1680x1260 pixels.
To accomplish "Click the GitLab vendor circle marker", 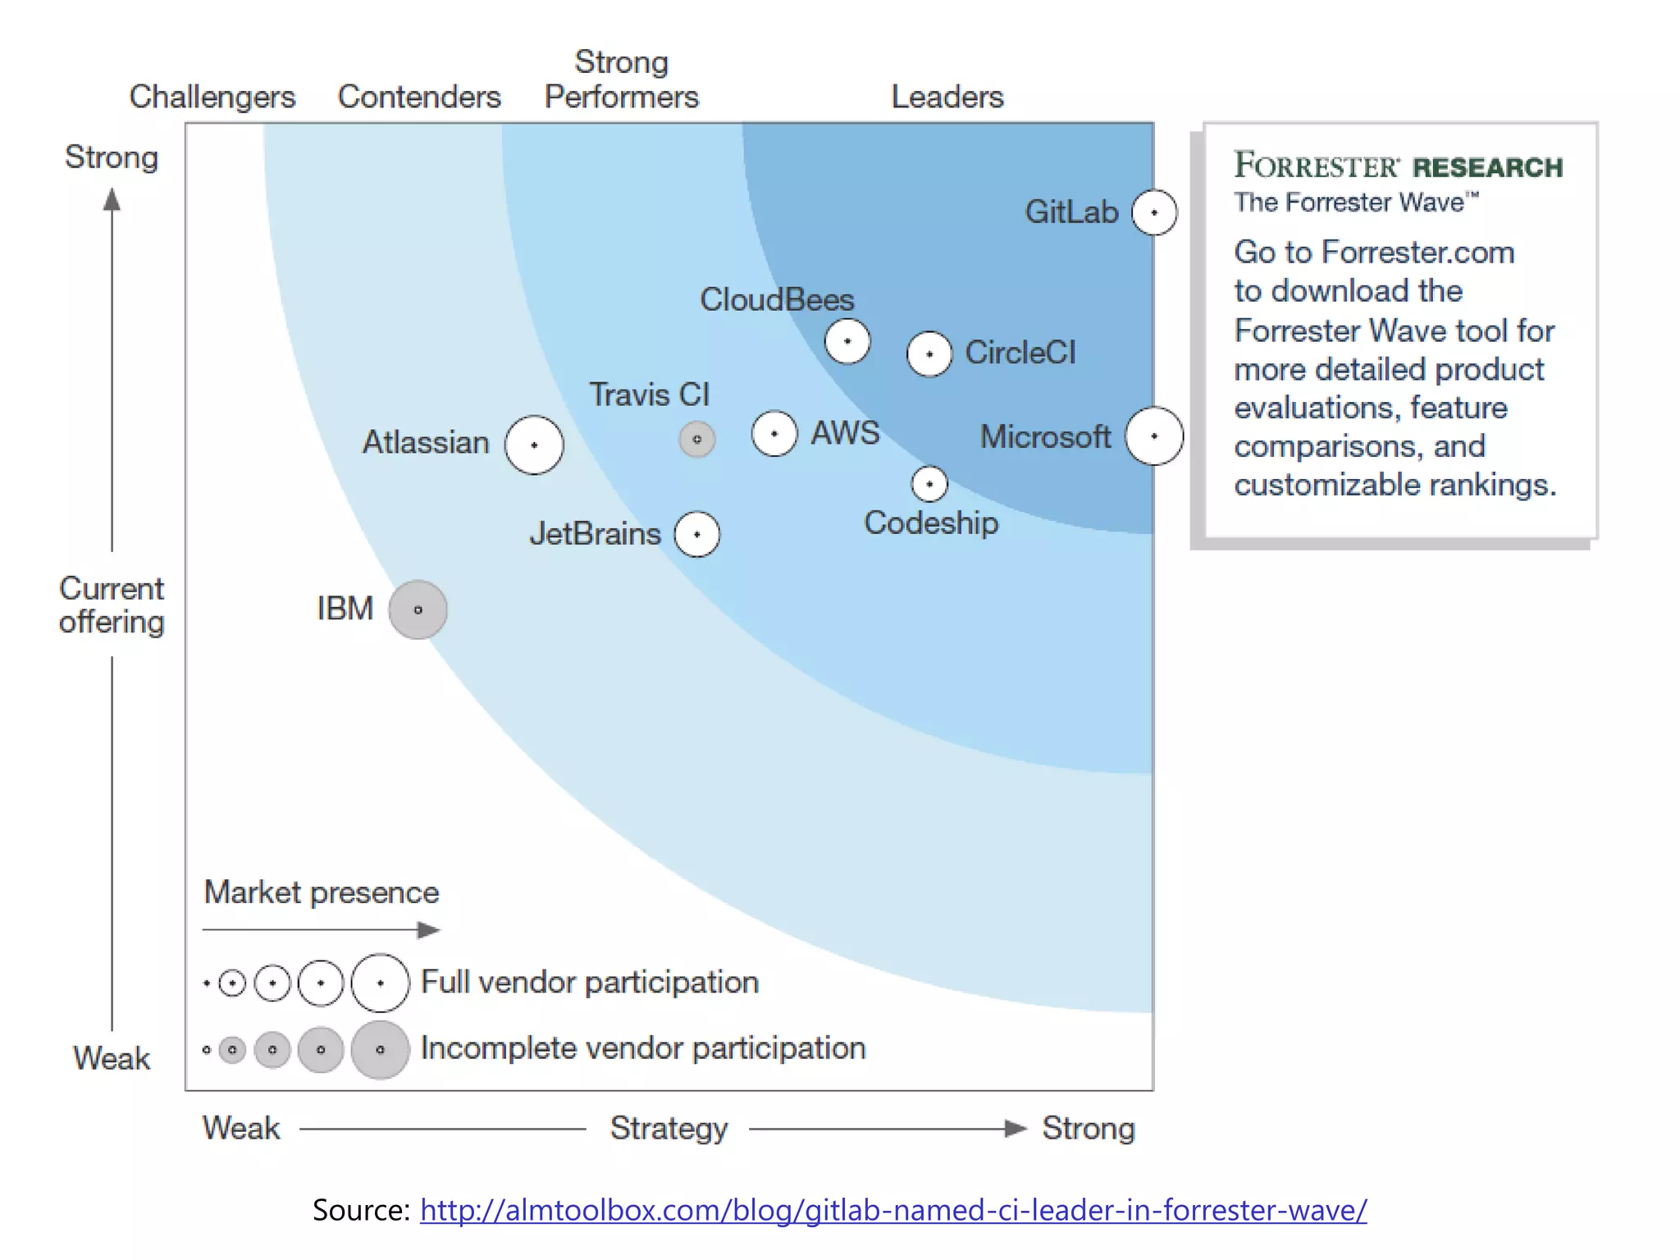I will [x=1154, y=212].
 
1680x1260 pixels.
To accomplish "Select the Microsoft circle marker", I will [x=1154, y=436].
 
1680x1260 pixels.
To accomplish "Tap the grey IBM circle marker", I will [x=418, y=609].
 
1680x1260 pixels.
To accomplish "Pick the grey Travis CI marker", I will [x=697, y=440].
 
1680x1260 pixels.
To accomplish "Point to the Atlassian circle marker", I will [x=534, y=445].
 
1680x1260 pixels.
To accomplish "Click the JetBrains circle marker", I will [x=697, y=534].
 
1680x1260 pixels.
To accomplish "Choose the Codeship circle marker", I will [x=929, y=484].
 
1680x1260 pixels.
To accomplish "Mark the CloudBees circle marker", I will [x=847, y=341].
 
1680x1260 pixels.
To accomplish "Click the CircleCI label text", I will [x=1020, y=353].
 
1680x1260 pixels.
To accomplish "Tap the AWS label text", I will [x=845, y=432].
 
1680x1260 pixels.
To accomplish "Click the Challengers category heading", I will [x=212, y=97].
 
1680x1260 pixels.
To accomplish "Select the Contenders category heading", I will [x=419, y=97].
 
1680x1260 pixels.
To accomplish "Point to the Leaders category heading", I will [x=947, y=97].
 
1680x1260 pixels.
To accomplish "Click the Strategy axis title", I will [x=669, y=1128].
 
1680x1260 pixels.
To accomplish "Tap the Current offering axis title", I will [x=112, y=605].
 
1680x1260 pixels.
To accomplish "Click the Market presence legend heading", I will [x=322, y=892].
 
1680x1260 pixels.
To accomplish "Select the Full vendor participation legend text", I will [x=590, y=982].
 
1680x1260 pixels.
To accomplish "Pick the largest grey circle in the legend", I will [x=380, y=1049].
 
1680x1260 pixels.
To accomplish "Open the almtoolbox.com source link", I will [x=893, y=1210].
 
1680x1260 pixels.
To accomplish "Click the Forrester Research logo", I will [x=1399, y=166].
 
